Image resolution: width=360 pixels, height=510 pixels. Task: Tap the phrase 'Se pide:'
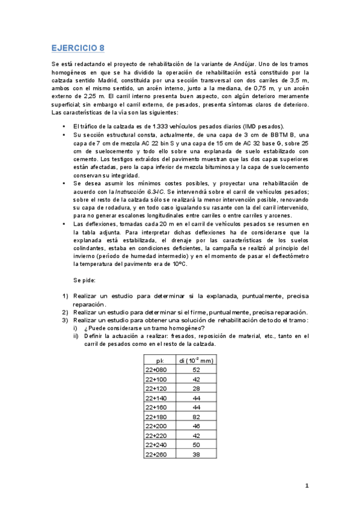click(84, 280)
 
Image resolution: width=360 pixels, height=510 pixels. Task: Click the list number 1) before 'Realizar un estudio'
click(66, 296)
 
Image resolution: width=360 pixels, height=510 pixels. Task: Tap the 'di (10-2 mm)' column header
click(196, 360)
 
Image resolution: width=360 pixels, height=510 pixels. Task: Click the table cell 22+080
click(157, 370)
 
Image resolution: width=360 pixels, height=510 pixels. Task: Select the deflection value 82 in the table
click(197, 417)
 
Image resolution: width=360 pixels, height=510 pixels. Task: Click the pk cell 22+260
click(157, 454)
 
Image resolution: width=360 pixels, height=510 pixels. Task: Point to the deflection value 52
click(197, 370)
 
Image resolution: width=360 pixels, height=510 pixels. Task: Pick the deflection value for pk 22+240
click(197, 444)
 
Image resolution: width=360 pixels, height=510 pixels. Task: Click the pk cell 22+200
click(157, 426)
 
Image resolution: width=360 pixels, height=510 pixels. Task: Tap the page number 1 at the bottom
click(307, 486)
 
